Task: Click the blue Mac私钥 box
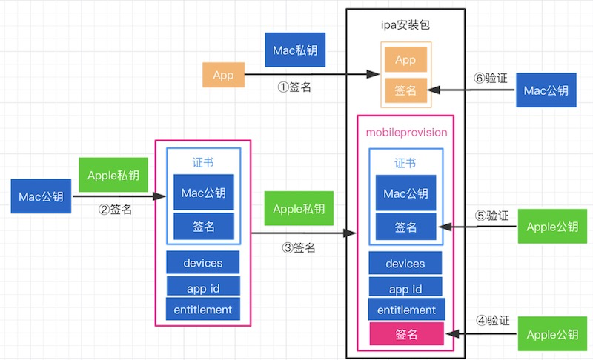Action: point(295,50)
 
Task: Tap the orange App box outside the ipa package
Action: point(224,75)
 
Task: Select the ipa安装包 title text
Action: point(405,25)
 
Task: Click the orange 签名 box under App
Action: point(405,90)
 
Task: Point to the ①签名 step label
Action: point(294,87)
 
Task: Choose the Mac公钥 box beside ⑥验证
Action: point(546,90)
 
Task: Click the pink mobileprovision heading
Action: point(406,133)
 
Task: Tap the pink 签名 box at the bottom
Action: point(406,334)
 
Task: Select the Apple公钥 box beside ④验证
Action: point(552,334)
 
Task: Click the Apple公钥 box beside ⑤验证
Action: point(552,226)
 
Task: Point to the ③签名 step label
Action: point(299,248)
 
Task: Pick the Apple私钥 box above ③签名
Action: point(299,209)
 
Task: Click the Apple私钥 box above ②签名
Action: point(113,175)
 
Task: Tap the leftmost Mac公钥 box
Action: point(41,196)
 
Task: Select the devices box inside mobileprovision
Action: point(405,263)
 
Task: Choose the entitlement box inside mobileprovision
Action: point(406,310)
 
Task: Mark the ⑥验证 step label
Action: point(491,79)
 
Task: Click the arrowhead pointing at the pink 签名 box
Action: point(453,334)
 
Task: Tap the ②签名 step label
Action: point(115,210)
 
